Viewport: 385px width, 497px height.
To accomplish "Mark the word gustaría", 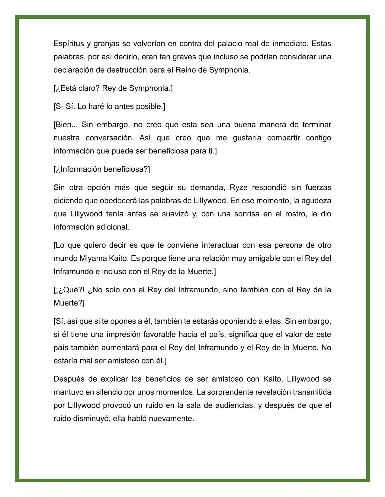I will [246, 138].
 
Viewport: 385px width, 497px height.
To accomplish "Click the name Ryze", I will [239, 187].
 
